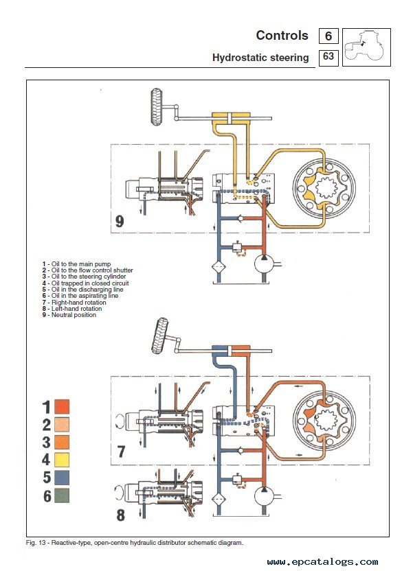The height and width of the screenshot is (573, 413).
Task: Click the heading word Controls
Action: click(x=282, y=36)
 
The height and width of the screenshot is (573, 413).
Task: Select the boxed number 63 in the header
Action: click(x=328, y=57)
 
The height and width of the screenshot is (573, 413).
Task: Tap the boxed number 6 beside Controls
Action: click(x=328, y=36)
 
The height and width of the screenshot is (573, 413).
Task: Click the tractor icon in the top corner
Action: click(x=366, y=47)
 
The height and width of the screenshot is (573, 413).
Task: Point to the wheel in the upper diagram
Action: click(x=157, y=106)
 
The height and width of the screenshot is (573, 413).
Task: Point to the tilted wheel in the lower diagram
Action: click(x=160, y=336)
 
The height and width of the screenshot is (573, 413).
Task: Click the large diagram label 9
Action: click(x=120, y=221)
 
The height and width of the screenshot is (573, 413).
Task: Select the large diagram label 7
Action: click(x=122, y=452)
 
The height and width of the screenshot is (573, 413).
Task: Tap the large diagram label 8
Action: click(x=121, y=515)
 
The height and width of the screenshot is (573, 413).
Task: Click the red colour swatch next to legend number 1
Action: click(x=62, y=407)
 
